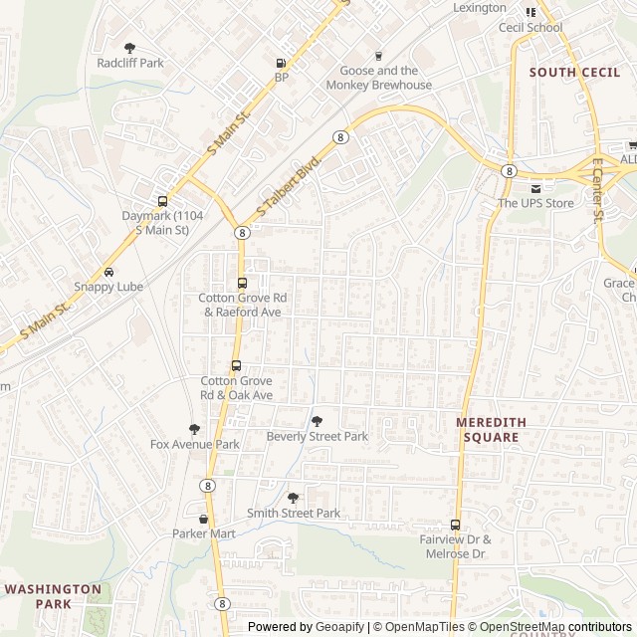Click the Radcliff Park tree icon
129,47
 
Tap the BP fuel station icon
281,63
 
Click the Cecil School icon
531,12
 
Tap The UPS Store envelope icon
536,188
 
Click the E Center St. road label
598,189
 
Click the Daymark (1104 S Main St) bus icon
162,200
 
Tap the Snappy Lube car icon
108,272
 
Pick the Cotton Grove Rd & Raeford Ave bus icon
242,283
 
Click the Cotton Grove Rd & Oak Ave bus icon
236,365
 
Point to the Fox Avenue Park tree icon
194,429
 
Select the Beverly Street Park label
318,436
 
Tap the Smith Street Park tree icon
293,498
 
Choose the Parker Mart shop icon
204,519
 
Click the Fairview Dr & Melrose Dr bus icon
455,525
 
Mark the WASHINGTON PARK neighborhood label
53,596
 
